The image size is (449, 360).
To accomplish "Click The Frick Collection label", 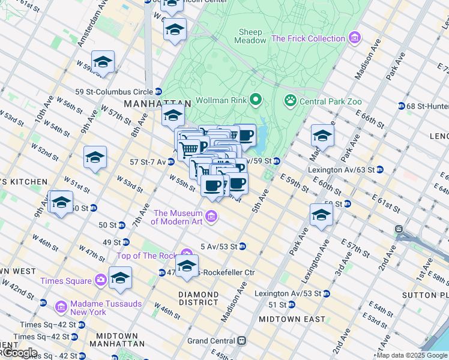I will coord(309,39).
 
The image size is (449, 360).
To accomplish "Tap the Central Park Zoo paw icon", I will coord(291,100).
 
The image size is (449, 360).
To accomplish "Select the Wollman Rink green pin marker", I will coord(256,99).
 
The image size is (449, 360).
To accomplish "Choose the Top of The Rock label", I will coord(147,256).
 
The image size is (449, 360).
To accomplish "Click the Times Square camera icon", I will coord(100,280).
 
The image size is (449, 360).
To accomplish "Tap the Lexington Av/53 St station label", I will coord(288,294).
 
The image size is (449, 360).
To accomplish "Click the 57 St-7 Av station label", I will coord(147,161).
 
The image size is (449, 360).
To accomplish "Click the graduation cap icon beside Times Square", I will coord(120,277).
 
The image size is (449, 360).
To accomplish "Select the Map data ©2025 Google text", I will coord(412,355).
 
